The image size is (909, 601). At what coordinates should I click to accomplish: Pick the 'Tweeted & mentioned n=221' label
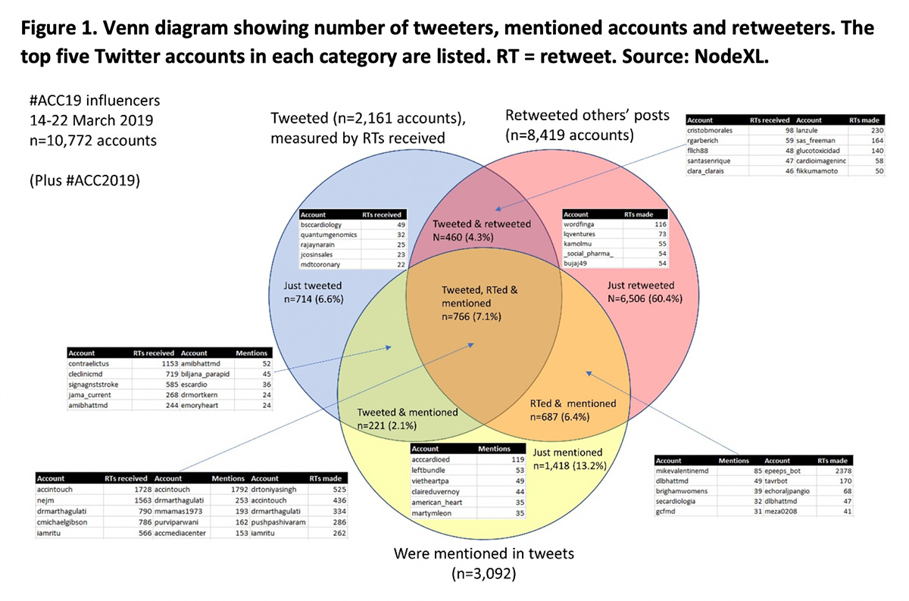click(x=408, y=419)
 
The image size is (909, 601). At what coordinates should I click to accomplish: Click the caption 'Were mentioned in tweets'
click(x=484, y=553)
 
